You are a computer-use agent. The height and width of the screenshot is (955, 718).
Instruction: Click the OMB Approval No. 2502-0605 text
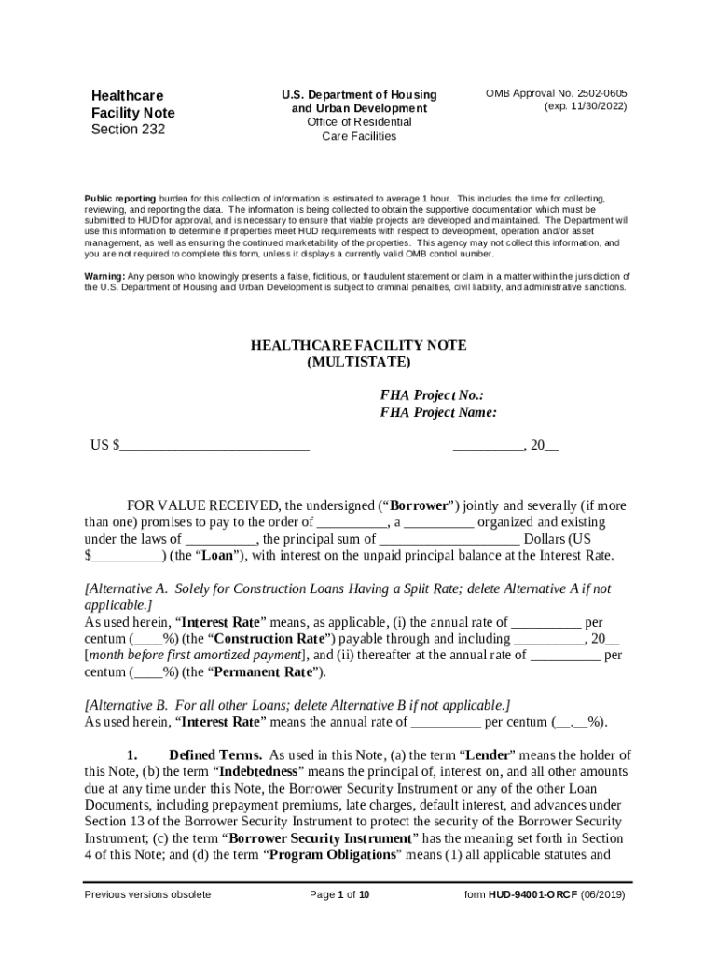coord(556,94)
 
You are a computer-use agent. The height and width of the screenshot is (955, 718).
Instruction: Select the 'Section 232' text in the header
coord(127,130)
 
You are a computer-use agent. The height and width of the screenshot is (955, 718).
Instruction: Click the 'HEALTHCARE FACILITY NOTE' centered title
coord(358,346)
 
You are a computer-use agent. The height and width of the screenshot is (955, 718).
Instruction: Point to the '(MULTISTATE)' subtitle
coord(358,362)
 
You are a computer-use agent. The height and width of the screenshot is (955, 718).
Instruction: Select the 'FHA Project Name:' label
coord(438,412)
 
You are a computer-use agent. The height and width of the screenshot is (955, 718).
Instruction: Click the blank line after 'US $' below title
coord(214,446)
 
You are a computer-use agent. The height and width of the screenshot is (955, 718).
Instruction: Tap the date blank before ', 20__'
coord(488,446)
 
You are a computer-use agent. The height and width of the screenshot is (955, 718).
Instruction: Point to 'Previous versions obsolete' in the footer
coord(147,895)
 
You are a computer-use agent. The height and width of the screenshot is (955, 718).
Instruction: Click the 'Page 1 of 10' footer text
coord(340,895)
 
